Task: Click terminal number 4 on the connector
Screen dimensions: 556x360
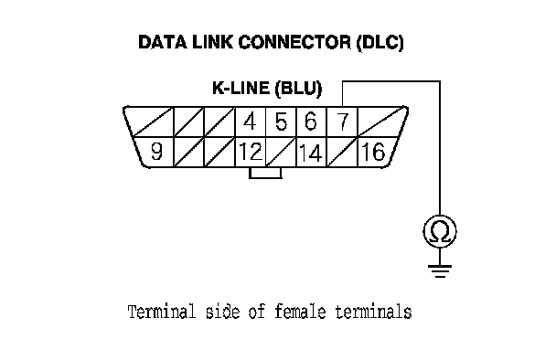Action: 251,122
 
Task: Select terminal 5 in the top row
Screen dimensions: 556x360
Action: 281,122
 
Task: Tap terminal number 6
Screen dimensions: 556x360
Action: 311,122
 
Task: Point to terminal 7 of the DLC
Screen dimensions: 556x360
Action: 342,122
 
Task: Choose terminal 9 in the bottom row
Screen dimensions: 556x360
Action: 156,152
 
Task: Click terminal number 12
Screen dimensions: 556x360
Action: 251,152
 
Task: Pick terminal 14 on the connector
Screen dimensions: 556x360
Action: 311,153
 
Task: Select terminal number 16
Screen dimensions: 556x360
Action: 374,152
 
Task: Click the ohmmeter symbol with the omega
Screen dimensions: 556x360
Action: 440,231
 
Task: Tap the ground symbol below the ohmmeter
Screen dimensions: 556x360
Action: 440,270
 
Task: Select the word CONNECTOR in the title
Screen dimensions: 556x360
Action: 295,42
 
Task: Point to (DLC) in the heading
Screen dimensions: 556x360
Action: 380,43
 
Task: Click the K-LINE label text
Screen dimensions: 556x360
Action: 241,88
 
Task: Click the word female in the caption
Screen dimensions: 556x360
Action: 300,312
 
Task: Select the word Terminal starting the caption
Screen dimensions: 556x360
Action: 162,312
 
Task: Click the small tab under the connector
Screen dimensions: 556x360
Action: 265,173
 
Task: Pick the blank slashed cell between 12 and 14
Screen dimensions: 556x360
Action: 281,152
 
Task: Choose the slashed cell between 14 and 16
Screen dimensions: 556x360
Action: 342,152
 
